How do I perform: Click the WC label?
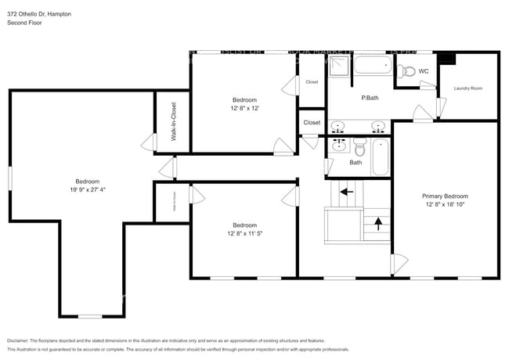[x=424, y=72]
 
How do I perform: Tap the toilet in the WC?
[x=406, y=72]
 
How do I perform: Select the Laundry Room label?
[x=467, y=88]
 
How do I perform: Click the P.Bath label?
[x=370, y=98]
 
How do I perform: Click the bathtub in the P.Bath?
[x=373, y=67]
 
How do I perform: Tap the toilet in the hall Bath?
[x=359, y=146]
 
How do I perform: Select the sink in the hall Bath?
[x=338, y=146]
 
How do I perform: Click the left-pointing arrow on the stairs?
[x=346, y=190]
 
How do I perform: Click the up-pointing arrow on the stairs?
[x=379, y=224]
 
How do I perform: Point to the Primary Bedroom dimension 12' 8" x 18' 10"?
[x=445, y=206]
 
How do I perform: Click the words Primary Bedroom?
[x=445, y=196]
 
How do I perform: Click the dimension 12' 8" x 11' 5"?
[x=244, y=233]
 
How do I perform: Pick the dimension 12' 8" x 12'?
[x=244, y=109]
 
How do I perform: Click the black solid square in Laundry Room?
[x=447, y=59]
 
